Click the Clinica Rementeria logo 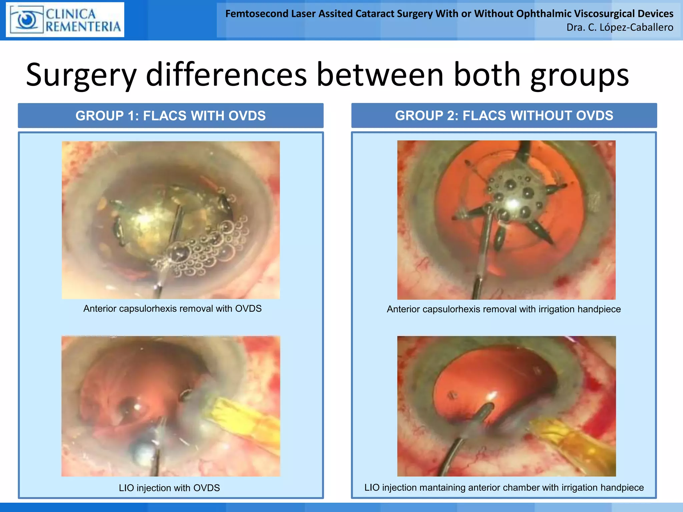point(65,20)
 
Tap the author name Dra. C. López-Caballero point(620,27)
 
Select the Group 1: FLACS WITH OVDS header point(170,116)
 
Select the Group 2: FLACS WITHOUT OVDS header point(504,116)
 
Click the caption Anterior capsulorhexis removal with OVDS point(172,309)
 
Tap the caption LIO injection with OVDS point(169,488)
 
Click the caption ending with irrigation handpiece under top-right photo point(504,309)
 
